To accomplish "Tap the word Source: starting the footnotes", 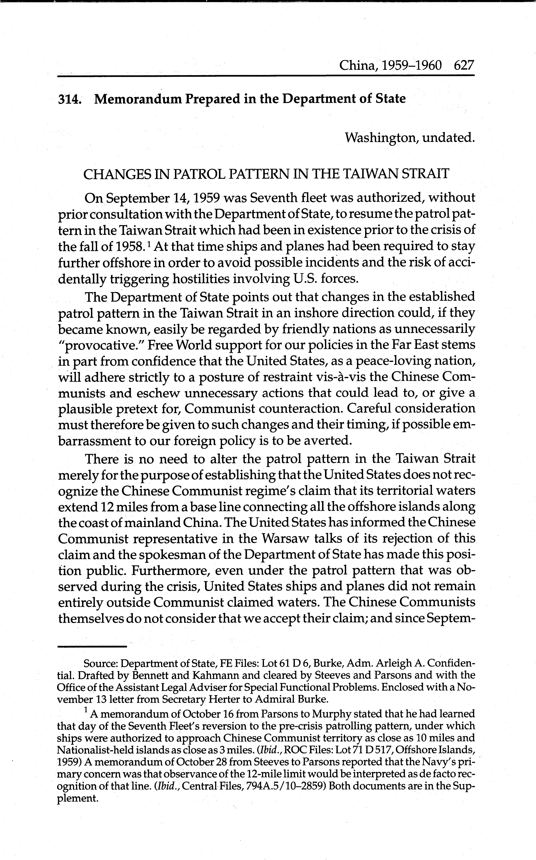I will [x=100, y=663].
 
